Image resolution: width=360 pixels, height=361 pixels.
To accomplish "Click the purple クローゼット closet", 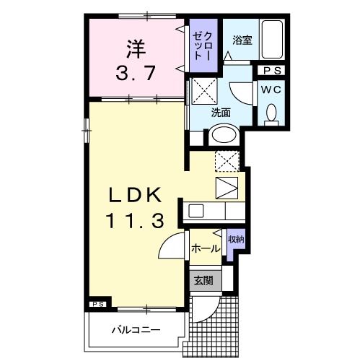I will coord(201,46).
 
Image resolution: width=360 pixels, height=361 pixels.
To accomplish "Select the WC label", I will coord(271,90).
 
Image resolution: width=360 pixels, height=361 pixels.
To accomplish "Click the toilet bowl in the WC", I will coord(272,113).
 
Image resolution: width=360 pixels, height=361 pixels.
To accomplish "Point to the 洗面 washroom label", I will coord(221,112).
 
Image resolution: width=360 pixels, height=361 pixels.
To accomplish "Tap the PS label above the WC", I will coord(272,71).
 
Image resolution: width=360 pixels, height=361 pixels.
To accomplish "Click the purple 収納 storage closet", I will coord(235,245).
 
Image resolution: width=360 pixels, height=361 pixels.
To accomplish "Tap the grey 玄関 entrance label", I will coord(202,280).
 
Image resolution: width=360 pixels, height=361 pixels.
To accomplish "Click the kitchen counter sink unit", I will coord(213,212).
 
